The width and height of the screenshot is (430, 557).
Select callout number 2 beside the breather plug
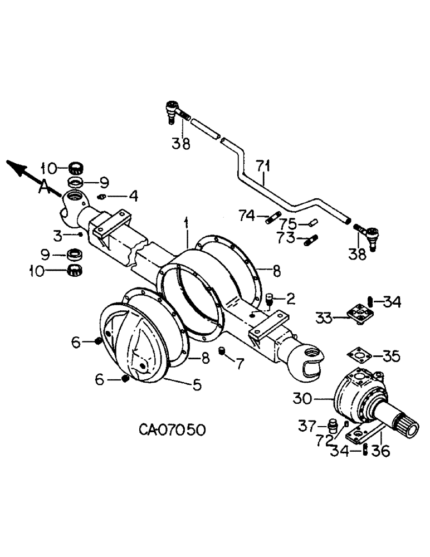coord(290,299)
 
